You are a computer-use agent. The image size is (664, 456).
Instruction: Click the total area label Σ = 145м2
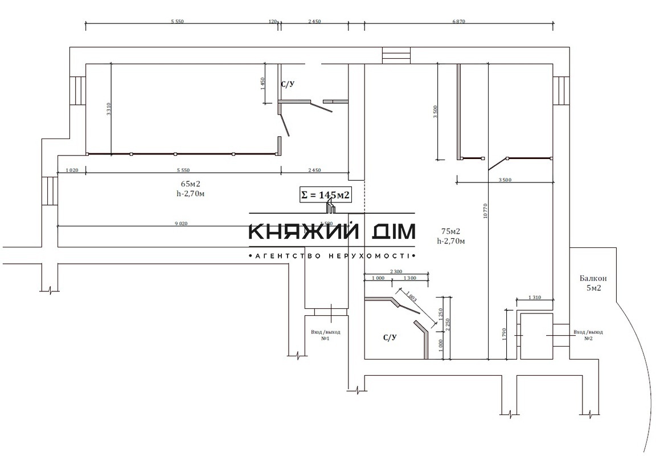coord(325,195)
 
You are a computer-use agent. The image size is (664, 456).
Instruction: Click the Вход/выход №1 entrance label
coord(326,335)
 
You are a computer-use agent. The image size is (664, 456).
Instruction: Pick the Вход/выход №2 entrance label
coord(588,335)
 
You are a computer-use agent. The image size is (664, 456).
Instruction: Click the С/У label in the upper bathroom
coord(288,84)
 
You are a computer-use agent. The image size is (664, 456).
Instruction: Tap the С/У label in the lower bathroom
coord(390,337)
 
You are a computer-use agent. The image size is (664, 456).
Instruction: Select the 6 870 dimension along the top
coord(459,22)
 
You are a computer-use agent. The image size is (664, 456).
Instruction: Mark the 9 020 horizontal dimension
coord(181,224)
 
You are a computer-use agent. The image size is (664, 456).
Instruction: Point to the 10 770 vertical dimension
coord(485,211)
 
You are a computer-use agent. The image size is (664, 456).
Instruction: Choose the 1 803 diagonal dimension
coord(413,300)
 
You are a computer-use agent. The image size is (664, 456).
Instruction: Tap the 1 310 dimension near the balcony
coord(535,298)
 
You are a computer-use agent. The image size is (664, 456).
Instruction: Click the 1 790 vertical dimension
coord(504,334)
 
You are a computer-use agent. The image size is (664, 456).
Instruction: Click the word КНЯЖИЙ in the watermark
coord(305,231)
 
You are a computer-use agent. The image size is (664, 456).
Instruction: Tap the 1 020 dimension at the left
coord(72,170)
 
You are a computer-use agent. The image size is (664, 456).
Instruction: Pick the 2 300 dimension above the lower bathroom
coord(396,271)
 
